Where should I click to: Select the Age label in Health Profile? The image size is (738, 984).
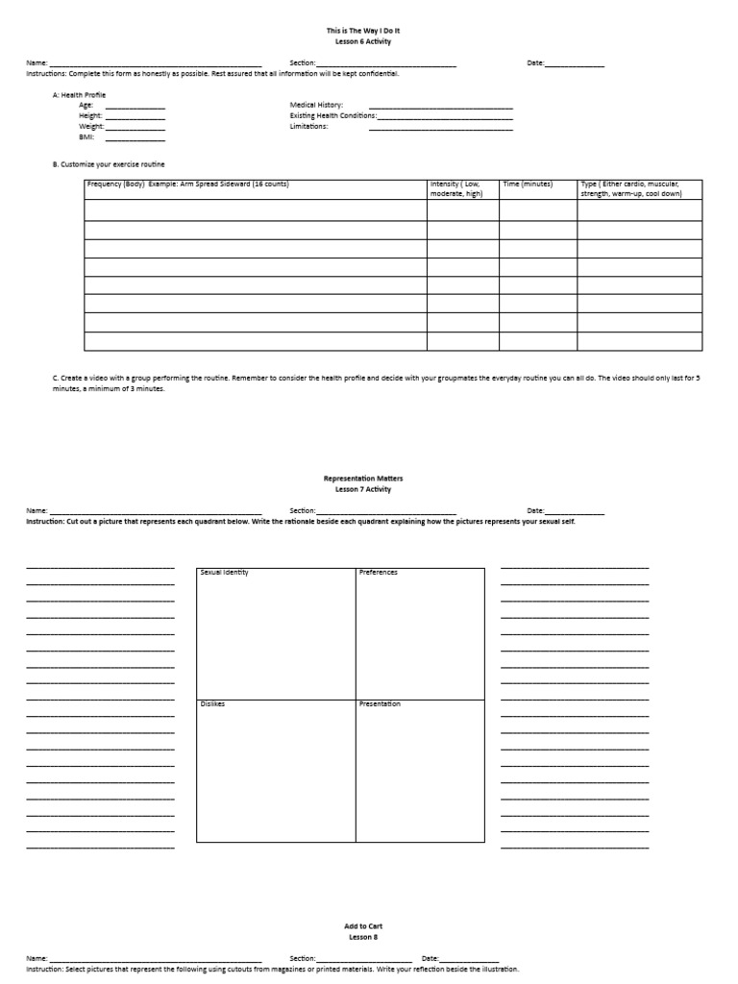point(86,105)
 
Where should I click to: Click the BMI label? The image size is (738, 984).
point(86,136)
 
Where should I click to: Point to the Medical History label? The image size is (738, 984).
point(316,105)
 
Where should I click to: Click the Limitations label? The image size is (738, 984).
point(308,126)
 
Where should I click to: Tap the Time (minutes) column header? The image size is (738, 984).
point(528,184)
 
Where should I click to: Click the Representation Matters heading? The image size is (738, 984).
point(363,478)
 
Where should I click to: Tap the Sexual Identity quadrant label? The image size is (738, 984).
point(224,573)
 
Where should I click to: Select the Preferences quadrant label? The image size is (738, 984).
point(378,573)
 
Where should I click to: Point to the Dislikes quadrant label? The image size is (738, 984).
point(212,704)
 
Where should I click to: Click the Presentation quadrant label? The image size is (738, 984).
point(380,704)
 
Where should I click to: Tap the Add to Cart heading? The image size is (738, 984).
point(363,926)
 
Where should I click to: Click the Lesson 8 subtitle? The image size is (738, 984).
point(363,937)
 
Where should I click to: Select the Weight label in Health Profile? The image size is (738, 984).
point(91,126)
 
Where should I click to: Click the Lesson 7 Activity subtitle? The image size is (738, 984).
point(363,489)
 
